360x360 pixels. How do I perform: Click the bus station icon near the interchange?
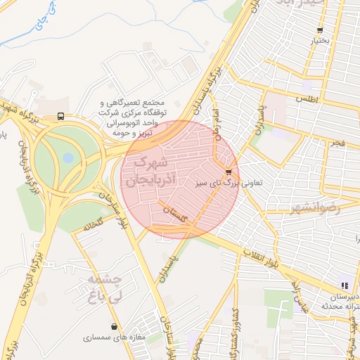point(61,116)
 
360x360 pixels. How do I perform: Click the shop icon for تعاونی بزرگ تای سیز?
point(228,172)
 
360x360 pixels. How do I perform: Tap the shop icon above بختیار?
point(321,30)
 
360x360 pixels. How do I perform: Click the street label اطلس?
point(307,100)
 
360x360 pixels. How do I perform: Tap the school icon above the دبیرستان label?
point(345,285)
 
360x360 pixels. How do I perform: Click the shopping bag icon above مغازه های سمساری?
point(115,326)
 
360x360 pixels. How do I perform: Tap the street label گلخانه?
point(94,227)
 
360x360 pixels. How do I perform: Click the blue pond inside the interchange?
point(67,158)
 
